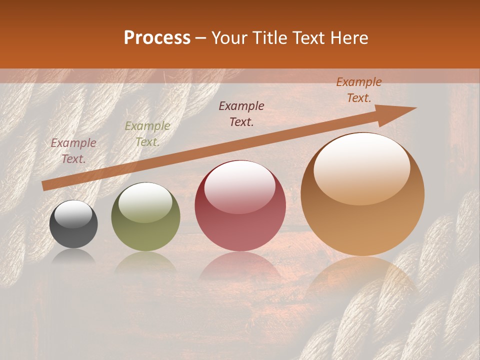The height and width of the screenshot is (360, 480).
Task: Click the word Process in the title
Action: [157, 38]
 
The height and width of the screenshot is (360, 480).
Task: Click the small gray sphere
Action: [73, 224]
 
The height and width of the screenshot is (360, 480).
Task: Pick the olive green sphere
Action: [145, 216]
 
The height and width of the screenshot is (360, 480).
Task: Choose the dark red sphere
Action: [240, 205]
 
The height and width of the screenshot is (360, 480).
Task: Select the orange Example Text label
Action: [359, 90]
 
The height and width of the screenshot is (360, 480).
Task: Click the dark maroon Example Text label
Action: [241, 114]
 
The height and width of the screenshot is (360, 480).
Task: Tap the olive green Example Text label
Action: [147, 134]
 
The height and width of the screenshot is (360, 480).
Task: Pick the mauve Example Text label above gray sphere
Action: [73, 151]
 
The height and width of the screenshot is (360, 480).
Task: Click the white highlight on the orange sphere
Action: [362, 167]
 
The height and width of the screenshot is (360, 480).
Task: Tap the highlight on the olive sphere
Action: [145, 201]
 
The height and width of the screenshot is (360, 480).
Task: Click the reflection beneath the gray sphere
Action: [73, 257]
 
